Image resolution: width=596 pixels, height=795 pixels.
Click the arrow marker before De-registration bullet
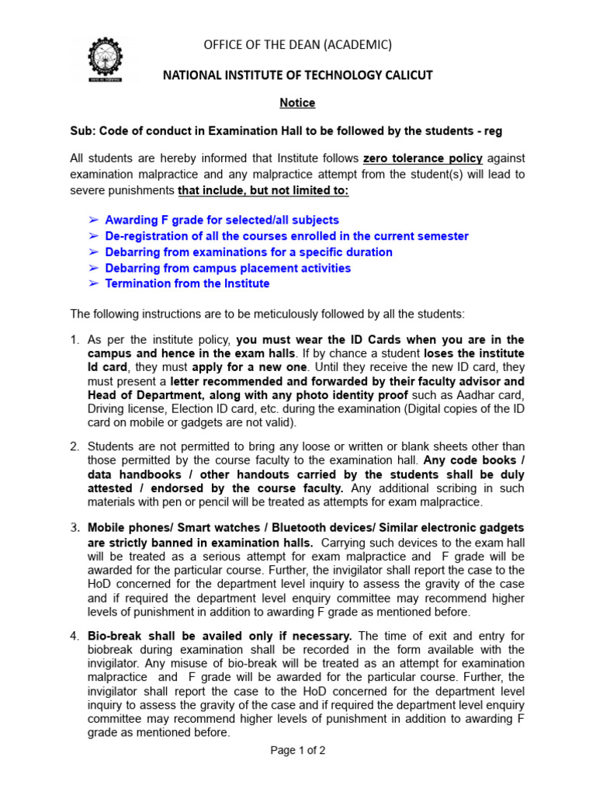pos(93,236)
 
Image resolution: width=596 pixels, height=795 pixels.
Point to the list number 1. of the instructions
pos(74,340)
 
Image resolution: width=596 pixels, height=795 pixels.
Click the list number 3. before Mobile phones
pos(74,529)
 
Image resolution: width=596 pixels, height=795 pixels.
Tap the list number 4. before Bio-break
pos(74,636)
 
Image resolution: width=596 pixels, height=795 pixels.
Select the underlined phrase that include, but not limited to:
pos(263,191)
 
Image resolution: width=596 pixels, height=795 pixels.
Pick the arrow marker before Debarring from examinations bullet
pos(93,252)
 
